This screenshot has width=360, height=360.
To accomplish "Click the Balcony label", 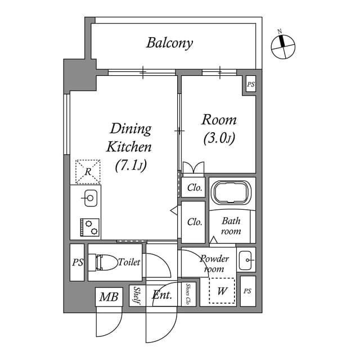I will [x=169, y=43].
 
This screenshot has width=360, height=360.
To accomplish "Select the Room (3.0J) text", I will [x=219, y=129].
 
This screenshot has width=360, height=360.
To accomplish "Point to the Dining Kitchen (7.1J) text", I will [x=130, y=147].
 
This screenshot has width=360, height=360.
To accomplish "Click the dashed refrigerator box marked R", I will [x=88, y=172].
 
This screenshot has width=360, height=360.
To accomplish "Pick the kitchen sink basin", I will [x=90, y=198].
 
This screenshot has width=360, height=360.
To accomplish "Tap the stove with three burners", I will [x=90, y=227].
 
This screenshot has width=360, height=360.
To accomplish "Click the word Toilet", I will [x=129, y=262].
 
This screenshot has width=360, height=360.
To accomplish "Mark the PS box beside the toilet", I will [x=77, y=262].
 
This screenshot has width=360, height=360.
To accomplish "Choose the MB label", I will [x=109, y=297].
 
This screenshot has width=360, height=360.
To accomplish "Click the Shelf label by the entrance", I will [x=137, y=296].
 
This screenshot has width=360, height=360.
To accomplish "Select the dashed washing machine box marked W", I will [x=222, y=291].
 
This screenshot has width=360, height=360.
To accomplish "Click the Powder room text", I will [x=214, y=263].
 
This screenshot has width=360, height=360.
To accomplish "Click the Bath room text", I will [x=231, y=226].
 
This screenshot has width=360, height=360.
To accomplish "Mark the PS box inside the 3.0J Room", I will [x=250, y=84].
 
